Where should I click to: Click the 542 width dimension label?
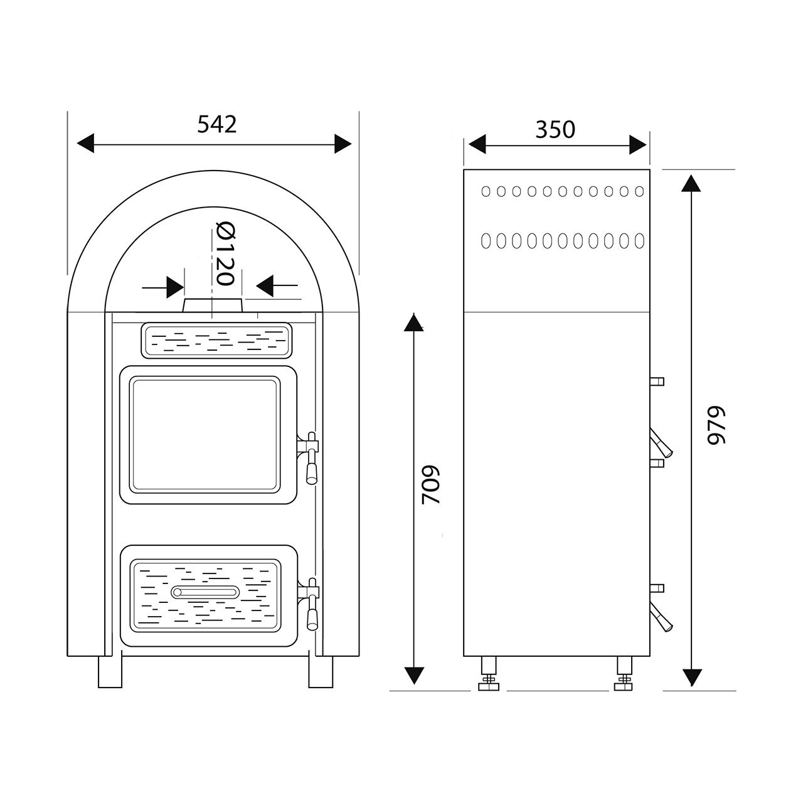click(216, 124)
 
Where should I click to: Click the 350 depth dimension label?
click(555, 130)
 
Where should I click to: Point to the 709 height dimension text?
click(430, 485)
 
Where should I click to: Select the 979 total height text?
click(716, 425)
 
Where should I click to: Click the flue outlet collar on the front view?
click(213, 305)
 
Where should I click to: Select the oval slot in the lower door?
click(205, 592)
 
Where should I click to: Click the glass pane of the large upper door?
click(205, 435)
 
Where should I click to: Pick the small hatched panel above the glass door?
click(216, 341)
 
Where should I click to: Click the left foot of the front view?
click(110, 672)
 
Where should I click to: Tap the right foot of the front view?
click(321, 672)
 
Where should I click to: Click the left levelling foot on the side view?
click(489, 673)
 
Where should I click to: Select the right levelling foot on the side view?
click(624, 673)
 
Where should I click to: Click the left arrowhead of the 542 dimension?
click(86, 144)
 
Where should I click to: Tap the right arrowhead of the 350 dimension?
click(637, 144)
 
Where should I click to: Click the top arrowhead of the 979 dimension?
click(691, 183)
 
